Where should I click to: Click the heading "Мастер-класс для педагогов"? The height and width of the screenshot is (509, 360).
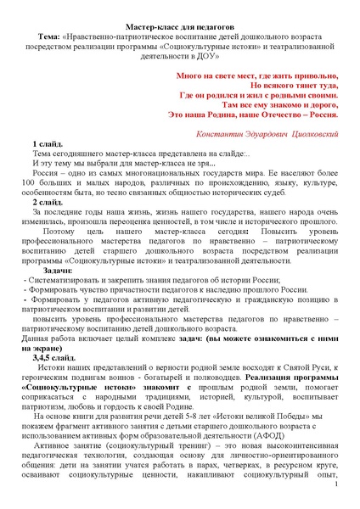[x=179, y=28]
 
